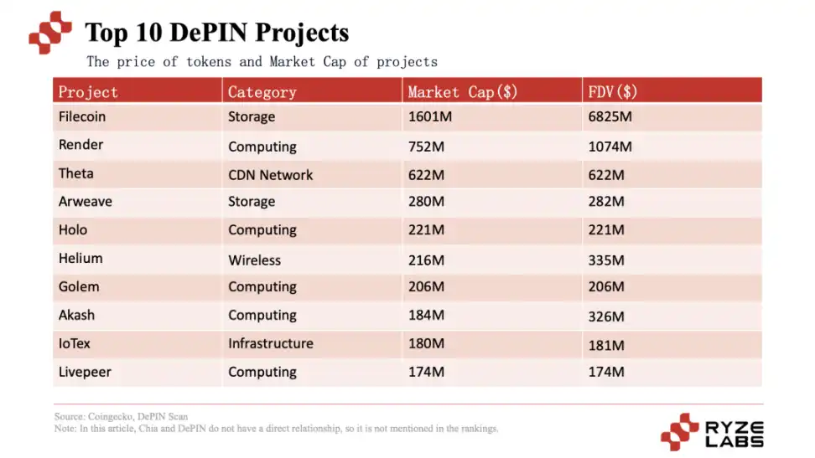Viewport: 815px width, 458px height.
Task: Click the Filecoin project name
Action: [82, 116]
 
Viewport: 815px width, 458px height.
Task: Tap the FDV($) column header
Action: [613, 91]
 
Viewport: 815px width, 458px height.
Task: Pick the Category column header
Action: [262, 91]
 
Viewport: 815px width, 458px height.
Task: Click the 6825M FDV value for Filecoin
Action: [610, 116]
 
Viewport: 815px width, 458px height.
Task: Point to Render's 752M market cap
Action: [425, 147]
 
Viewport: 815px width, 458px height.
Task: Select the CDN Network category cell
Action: [270, 175]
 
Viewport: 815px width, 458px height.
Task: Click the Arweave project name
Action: [85, 202]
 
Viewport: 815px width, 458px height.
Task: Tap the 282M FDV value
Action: [606, 202]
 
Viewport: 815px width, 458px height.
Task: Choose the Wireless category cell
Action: [254, 260]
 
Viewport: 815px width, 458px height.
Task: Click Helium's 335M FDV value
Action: [606, 260]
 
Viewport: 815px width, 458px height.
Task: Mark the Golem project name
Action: [79, 286]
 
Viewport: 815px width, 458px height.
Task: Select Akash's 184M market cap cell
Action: [425, 316]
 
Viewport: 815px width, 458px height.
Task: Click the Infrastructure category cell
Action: [270, 343]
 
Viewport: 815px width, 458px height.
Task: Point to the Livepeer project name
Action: [84, 372]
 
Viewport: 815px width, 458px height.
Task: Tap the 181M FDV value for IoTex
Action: [606, 345]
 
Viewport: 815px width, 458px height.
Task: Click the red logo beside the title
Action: [50, 33]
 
